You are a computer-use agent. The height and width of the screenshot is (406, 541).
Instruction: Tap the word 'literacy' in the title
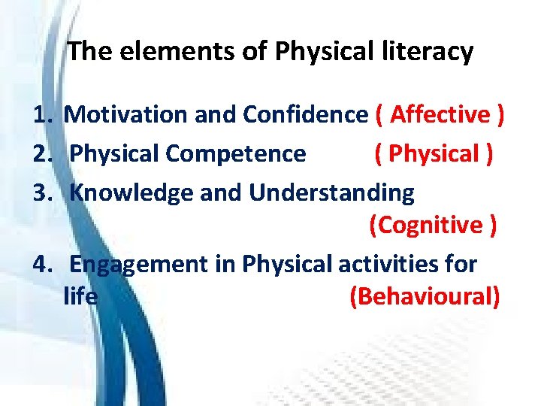point(428,52)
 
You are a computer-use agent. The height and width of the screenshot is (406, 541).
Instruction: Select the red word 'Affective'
point(440,115)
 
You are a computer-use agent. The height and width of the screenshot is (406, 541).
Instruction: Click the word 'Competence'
point(236,153)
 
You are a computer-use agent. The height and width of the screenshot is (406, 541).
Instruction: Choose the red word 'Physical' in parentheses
point(434,153)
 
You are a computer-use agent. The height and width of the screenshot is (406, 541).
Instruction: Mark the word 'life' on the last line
point(80,296)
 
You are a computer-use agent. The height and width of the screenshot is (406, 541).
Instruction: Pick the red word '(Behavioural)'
point(425,296)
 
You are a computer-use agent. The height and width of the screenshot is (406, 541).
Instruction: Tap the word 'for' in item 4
point(461,265)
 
